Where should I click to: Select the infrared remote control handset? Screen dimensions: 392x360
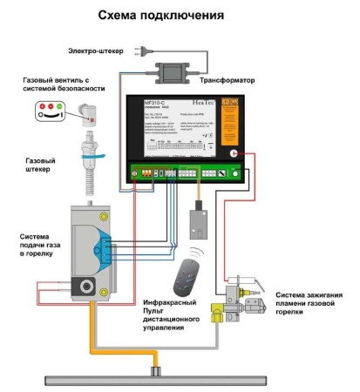point(184,280)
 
